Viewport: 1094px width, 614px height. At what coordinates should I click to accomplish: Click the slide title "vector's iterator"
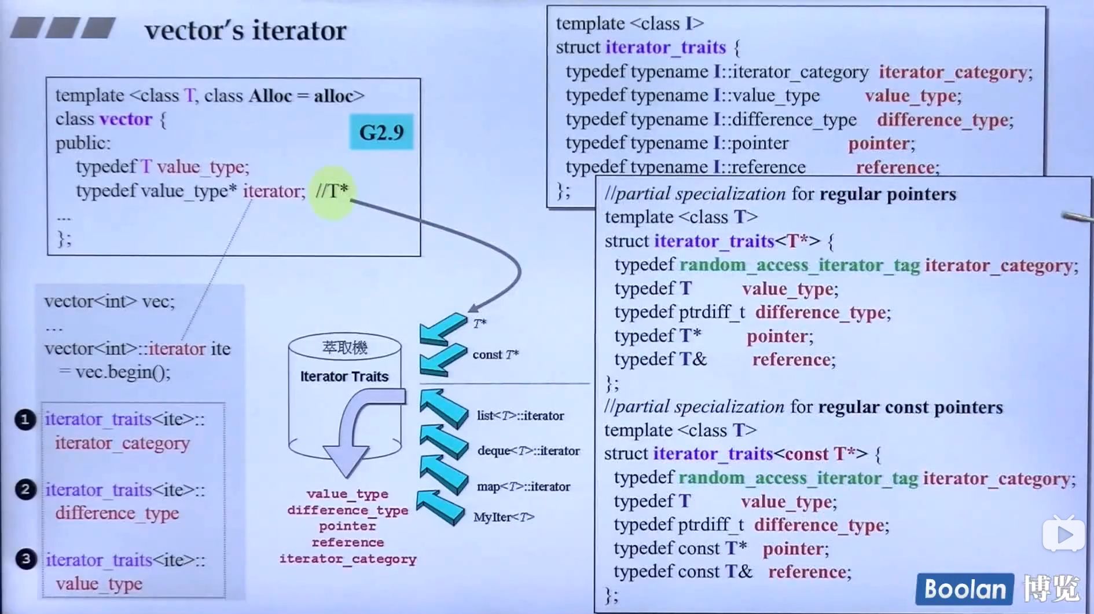click(245, 30)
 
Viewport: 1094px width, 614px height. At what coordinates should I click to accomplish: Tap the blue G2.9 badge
click(381, 132)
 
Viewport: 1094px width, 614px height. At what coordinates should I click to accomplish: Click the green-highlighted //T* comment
click(332, 191)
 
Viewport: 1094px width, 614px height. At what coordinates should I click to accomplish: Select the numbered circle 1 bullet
click(25, 419)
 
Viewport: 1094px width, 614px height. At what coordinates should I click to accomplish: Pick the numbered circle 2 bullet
click(25, 489)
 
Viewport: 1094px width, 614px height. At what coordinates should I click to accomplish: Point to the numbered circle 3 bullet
click(25, 559)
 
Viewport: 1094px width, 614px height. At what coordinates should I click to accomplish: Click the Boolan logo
click(964, 589)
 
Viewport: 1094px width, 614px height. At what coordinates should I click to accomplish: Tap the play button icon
click(1063, 535)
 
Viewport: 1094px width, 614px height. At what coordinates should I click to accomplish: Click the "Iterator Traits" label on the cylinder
click(344, 377)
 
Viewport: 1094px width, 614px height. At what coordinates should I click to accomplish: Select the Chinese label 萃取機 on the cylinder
click(344, 348)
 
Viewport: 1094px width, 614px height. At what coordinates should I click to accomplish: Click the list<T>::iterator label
click(520, 415)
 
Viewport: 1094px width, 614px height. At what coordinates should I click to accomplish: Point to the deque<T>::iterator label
click(528, 451)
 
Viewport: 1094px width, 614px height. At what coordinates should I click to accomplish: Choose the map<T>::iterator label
click(523, 487)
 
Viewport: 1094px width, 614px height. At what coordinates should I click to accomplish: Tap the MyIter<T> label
click(504, 517)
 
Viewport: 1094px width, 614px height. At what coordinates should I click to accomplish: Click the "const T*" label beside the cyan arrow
click(495, 354)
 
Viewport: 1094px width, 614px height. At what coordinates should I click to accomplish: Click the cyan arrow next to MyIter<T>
click(441, 507)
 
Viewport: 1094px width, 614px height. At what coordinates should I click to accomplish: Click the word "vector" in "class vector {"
click(126, 119)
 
